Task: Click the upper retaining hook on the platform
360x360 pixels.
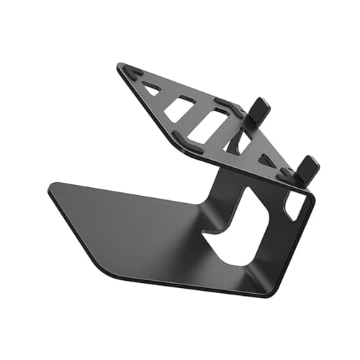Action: tap(260, 109)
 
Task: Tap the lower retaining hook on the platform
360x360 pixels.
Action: tap(307, 168)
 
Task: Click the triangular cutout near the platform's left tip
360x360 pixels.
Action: tap(151, 89)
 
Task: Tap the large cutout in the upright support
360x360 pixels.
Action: tap(238, 230)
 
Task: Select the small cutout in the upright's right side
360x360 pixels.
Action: tap(294, 207)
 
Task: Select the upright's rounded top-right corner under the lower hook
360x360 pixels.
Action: tap(311, 198)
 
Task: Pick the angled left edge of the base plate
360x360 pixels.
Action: tap(76, 234)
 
